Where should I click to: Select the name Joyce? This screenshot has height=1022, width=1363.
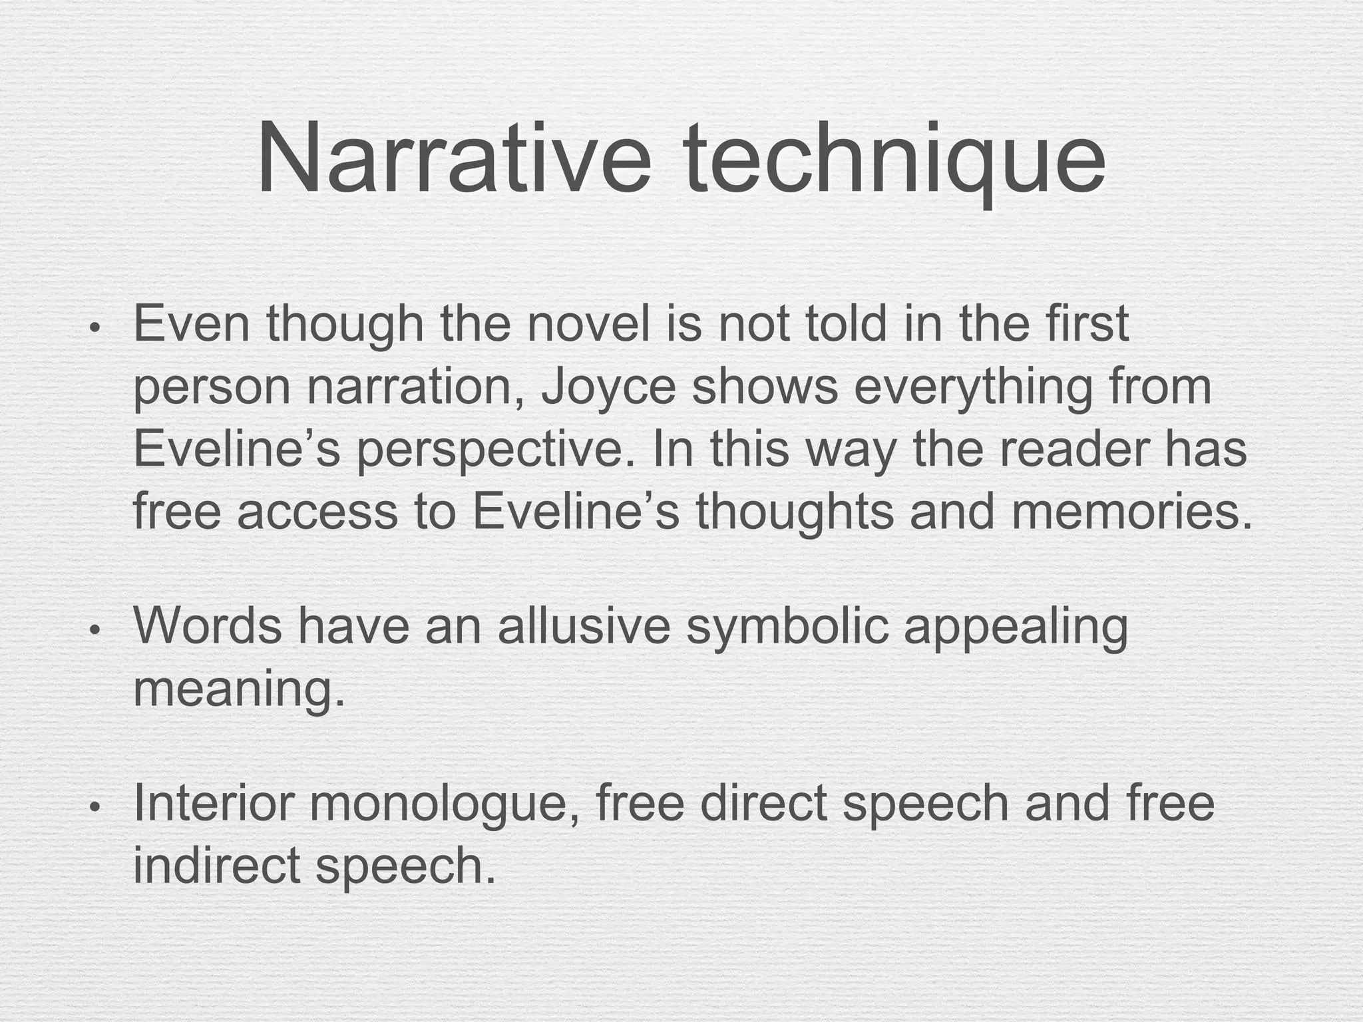point(608,387)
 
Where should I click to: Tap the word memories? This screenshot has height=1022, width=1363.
point(1131,511)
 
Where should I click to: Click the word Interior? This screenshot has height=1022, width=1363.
point(214,803)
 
